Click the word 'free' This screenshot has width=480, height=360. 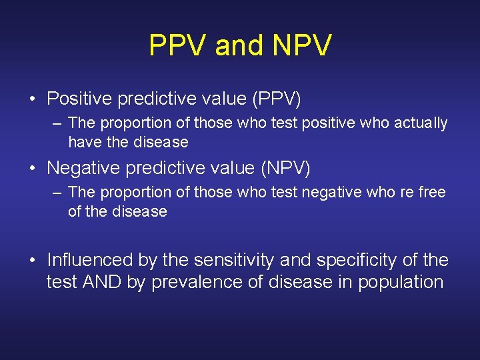tap(432, 193)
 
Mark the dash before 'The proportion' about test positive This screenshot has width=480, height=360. tap(58, 123)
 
